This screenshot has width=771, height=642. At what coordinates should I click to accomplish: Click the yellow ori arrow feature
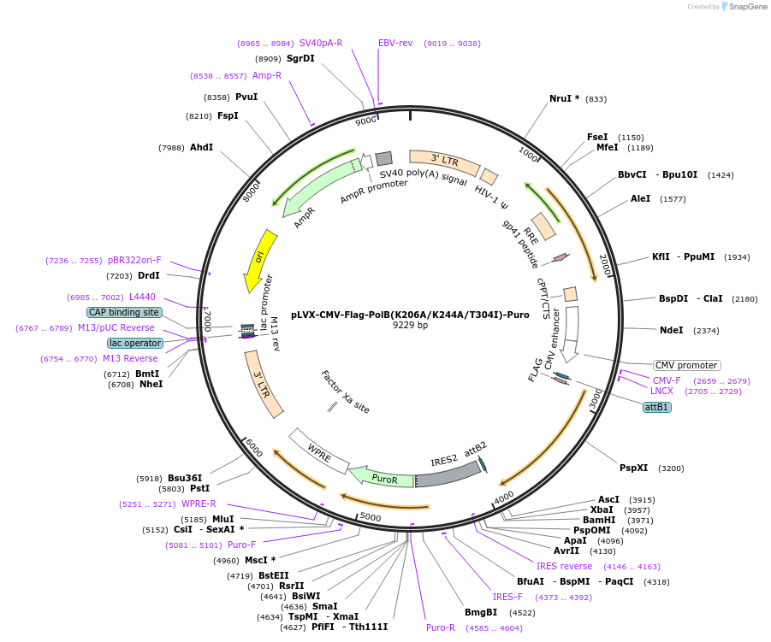pyautogui.click(x=259, y=259)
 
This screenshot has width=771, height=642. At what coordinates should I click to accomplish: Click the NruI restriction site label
pyautogui.click(x=564, y=98)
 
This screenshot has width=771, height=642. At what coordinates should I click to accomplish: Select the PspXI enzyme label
pyautogui.click(x=633, y=468)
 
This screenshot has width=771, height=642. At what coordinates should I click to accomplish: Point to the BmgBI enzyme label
pyautogui.click(x=480, y=612)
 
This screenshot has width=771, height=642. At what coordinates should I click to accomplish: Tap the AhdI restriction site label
pyautogui.click(x=201, y=148)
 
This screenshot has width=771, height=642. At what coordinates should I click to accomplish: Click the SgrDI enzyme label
pyautogui.click(x=300, y=58)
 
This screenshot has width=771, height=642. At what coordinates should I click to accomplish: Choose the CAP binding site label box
pyautogui.click(x=124, y=312)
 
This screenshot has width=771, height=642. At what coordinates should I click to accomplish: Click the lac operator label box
pyautogui.click(x=135, y=343)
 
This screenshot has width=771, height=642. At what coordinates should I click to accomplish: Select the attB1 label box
pyautogui.click(x=657, y=407)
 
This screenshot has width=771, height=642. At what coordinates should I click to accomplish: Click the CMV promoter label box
pyautogui.click(x=686, y=365)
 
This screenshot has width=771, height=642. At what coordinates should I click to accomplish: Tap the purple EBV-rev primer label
pyautogui.click(x=395, y=43)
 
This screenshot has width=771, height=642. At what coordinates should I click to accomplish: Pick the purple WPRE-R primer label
pyautogui.click(x=199, y=504)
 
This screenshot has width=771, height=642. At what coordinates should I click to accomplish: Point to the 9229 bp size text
pyautogui.click(x=410, y=326)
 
